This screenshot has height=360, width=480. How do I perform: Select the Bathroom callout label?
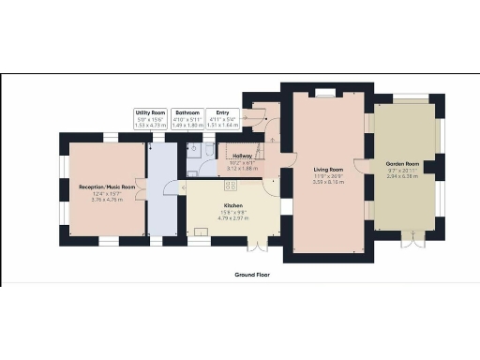point(187,112)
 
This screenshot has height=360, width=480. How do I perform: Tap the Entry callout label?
point(222,112)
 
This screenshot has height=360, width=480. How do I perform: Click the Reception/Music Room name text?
point(107,187)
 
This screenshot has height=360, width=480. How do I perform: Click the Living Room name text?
point(329,170)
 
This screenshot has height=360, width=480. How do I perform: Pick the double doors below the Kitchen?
point(251,246)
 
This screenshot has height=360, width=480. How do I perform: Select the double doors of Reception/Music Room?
point(141,187)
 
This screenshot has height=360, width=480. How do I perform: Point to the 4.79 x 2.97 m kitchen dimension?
point(233,216)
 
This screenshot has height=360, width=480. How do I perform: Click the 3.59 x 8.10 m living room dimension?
point(329,183)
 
